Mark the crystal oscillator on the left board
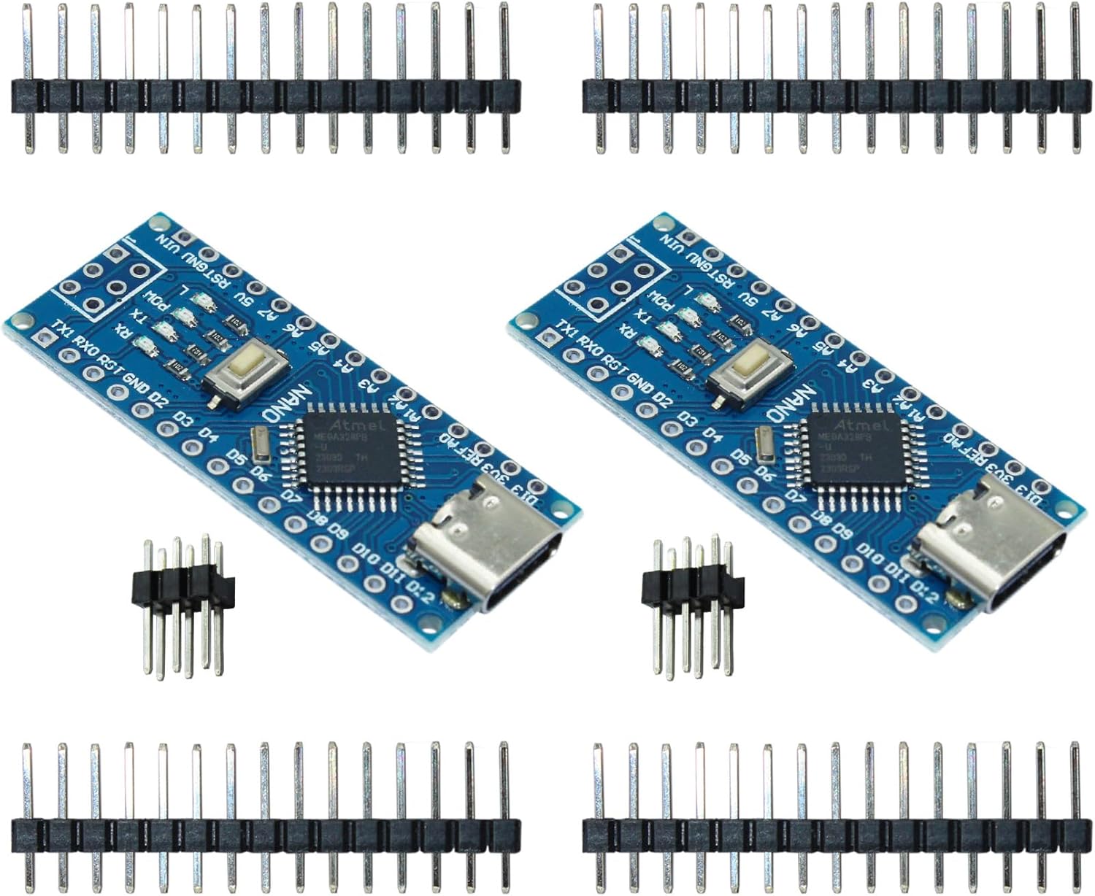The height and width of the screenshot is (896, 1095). pos(259,445)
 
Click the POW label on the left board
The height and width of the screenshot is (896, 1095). pos(154,300)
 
